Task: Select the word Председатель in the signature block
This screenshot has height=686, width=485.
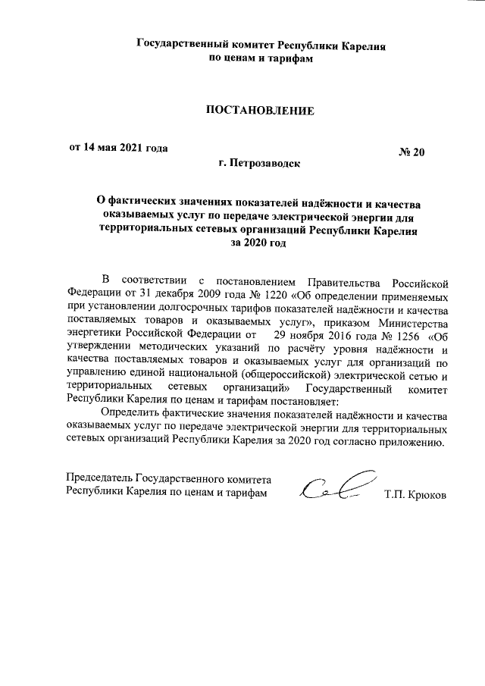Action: point(99,480)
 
